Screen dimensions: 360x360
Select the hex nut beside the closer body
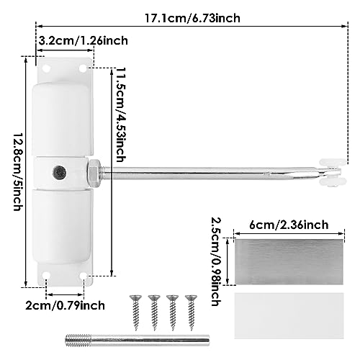coord(94,172)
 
